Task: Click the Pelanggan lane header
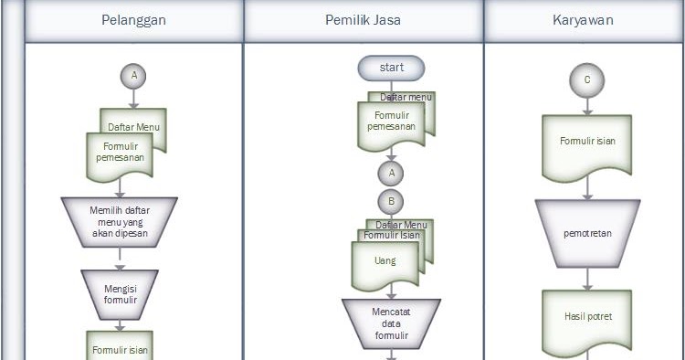(133, 21)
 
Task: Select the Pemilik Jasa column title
(364, 21)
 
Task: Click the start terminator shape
(392, 68)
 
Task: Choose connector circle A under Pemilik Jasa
(391, 172)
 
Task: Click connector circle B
(391, 201)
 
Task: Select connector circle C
(586, 80)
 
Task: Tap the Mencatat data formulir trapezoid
(391, 323)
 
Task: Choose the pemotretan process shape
(586, 234)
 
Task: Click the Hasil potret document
(586, 317)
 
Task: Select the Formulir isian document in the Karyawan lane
(586, 143)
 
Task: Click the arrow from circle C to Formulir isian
(586, 104)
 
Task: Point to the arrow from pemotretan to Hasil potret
(586, 279)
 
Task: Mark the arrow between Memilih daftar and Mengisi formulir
(119, 259)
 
